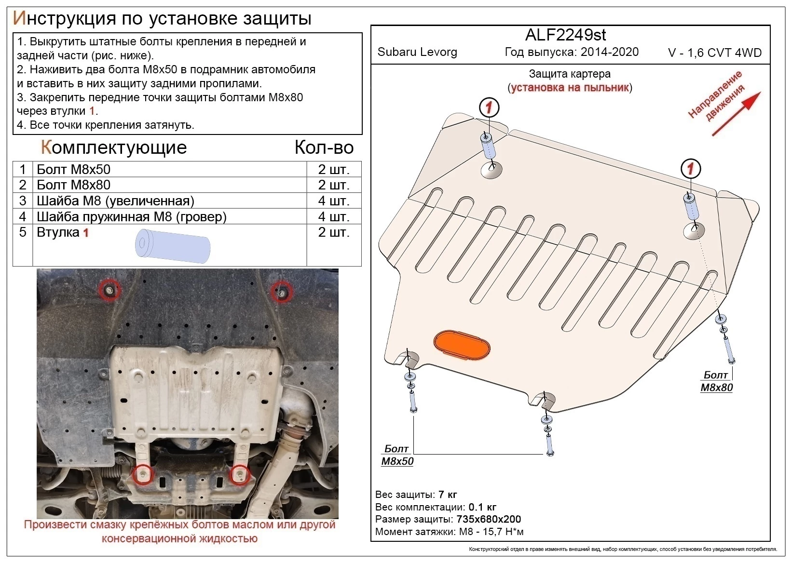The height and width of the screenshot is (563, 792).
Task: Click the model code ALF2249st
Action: (565, 35)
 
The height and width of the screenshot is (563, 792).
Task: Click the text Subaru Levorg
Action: (417, 52)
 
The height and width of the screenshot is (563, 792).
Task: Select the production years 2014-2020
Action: (610, 52)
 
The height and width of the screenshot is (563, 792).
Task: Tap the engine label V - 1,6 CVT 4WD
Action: (714, 53)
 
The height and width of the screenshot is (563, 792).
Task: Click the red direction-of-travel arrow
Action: (737, 113)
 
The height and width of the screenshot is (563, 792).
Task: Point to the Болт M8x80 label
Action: (716, 381)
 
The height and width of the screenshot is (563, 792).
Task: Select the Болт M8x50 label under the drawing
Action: (397, 455)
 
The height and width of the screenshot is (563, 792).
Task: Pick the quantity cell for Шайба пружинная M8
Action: (333, 216)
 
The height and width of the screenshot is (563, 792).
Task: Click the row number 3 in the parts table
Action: (23, 201)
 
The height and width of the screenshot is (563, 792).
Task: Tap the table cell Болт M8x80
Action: (74, 185)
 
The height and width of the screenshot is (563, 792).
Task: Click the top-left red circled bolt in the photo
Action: (109, 290)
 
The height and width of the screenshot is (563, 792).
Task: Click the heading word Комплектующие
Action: (114, 147)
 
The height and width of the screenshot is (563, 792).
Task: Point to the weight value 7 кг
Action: (447, 495)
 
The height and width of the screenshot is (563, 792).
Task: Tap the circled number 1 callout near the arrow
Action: (690, 169)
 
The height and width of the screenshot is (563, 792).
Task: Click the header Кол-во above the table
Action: (324, 147)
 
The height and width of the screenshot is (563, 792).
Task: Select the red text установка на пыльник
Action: (570, 88)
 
